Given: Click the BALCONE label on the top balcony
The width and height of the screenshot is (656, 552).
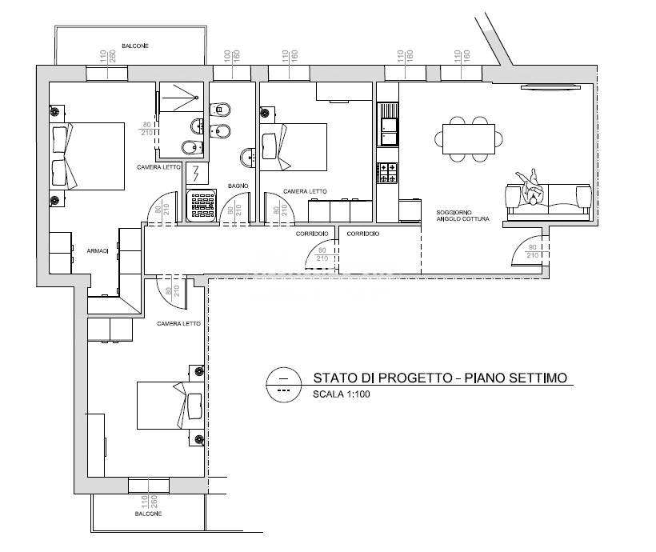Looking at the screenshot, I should pyautogui.click(x=134, y=46).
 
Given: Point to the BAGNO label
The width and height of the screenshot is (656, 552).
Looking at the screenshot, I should pyautogui.click(x=238, y=186).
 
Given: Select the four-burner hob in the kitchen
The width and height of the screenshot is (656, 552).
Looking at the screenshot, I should pyautogui.click(x=387, y=172).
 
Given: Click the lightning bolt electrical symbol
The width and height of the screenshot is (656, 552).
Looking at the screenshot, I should pyautogui.click(x=197, y=174).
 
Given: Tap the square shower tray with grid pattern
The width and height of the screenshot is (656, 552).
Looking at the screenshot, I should pyautogui.click(x=201, y=205).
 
